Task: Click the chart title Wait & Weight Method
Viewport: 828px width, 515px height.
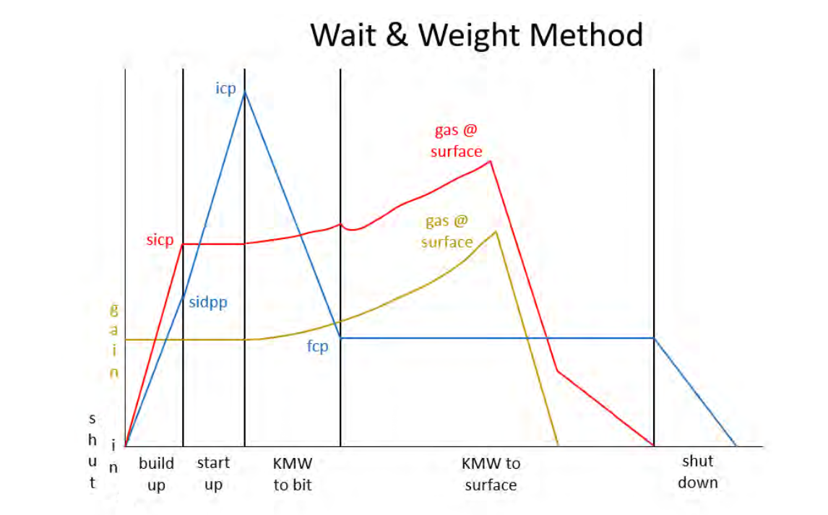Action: tap(476, 35)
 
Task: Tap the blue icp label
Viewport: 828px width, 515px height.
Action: tap(226, 89)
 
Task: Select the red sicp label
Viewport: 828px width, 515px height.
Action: tap(160, 240)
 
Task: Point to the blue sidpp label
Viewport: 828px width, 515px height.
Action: tap(208, 302)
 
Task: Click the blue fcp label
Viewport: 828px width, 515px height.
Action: tap(317, 347)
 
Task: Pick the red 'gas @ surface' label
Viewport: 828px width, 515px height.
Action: tap(456, 141)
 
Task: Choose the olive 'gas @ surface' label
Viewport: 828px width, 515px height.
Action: tap(447, 231)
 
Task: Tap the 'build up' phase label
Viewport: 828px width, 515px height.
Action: tap(156, 474)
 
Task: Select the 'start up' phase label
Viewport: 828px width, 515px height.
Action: tap(213, 474)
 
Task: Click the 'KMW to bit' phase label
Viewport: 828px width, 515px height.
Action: tap(293, 474)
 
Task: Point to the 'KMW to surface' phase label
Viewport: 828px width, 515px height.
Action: tap(491, 474)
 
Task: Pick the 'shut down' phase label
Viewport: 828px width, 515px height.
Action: tap(697, 472)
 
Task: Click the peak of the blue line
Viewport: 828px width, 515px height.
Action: tap(245, 91)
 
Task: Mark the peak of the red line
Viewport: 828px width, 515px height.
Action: tap(491, 160)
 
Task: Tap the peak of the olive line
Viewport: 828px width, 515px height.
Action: tap(496, 231)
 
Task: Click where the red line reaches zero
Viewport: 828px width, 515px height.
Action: tap(654, 446)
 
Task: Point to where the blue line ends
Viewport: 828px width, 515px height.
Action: tap(736, 446)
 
